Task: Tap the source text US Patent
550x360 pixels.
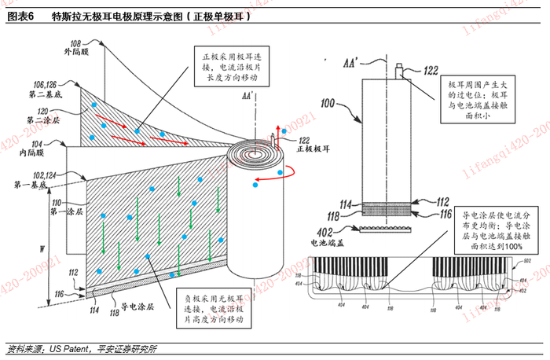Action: coord(67,348)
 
